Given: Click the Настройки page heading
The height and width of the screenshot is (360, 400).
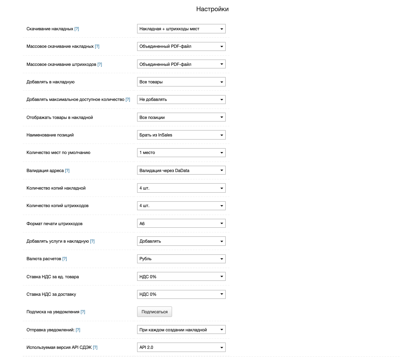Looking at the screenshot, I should coord(212,9).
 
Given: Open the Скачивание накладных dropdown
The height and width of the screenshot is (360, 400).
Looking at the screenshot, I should coord(181,29).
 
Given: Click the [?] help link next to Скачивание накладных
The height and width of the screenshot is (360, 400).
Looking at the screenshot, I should coord(77,29).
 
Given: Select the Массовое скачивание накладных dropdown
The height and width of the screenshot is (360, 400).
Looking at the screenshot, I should coord(181,46).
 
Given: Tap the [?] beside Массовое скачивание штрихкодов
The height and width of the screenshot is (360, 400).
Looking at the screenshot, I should coord(100,64).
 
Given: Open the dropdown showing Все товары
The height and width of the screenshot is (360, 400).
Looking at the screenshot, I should coord(181,82).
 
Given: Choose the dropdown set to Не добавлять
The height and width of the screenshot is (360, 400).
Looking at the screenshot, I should coord(181,100).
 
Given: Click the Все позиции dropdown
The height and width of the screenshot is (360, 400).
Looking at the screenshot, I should coord(181,117).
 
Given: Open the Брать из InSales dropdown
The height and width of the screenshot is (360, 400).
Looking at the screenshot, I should coord(181,135).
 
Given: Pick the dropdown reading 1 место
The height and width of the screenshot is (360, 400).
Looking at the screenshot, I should coord(181,153).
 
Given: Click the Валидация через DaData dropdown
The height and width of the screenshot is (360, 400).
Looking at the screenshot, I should coord(181,170).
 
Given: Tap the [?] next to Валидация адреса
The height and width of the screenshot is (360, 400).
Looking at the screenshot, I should coord(67,170).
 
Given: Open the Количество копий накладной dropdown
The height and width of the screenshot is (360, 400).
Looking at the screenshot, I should coord(181,188).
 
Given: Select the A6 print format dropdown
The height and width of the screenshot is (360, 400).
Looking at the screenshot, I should coord(181,224).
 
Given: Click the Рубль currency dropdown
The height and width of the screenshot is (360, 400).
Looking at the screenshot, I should coord(181,259).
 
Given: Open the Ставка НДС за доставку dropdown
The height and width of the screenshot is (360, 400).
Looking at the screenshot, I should coord(181,294).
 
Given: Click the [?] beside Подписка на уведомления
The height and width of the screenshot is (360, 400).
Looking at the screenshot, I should coord(83,312).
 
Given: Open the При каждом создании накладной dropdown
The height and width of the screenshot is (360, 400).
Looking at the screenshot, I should coord(181,330).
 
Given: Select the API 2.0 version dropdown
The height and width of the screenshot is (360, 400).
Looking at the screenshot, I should coord(181,347).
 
